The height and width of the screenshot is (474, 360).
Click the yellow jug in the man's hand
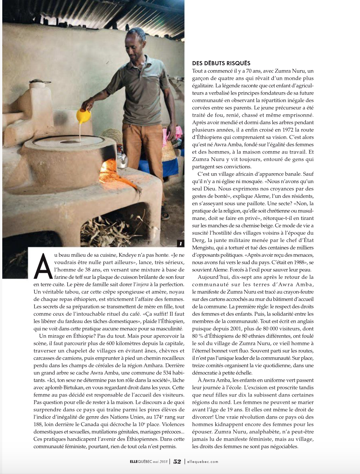[83, 115]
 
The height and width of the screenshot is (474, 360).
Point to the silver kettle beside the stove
[122, 158]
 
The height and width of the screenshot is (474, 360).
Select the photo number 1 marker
[181, 243]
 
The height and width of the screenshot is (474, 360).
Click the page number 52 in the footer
[177, 461]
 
